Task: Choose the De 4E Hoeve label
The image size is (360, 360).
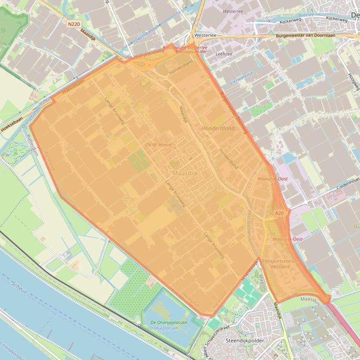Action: click(157, 145)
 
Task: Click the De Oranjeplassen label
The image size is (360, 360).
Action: click(166, 323)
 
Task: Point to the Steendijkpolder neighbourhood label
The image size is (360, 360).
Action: click(245, 340)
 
